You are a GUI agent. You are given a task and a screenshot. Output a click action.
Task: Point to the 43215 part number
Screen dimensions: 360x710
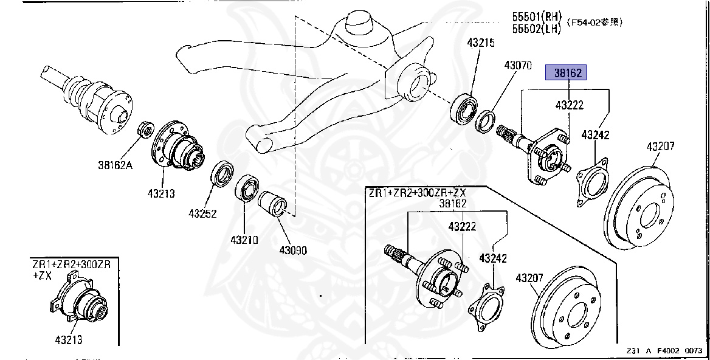[x=481, y=43]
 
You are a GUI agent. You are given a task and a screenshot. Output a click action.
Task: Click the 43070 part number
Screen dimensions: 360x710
[x=518, y=64]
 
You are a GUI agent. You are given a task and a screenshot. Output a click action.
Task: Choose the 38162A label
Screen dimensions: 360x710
[x=115, y=164]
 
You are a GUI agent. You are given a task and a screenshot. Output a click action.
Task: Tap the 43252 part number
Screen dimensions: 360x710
[x=203, y=213]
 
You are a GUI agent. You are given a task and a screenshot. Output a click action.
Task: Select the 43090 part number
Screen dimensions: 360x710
[x=293, y=250]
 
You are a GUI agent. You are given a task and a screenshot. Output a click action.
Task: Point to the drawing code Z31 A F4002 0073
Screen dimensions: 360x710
[x=664, y=351]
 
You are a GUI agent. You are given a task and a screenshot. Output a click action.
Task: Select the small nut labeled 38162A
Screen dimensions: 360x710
[x=146, y=129]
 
